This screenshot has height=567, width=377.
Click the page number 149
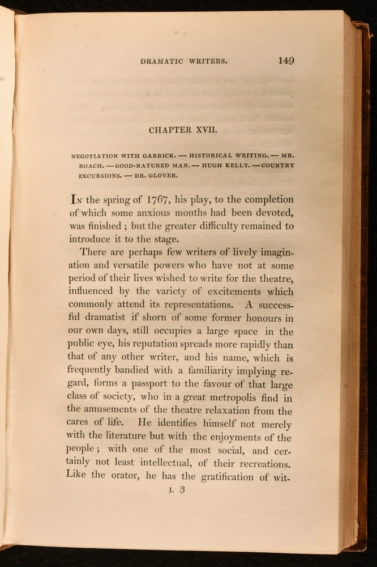pos(286,61)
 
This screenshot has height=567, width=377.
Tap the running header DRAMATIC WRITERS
pos(184,61)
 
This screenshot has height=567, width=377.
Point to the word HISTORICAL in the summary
pos(212,155)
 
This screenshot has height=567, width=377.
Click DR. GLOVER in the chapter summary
pos(161,175)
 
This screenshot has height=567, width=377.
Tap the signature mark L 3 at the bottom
pos(178,491)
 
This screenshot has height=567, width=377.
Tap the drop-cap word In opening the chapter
pos(77,200)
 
